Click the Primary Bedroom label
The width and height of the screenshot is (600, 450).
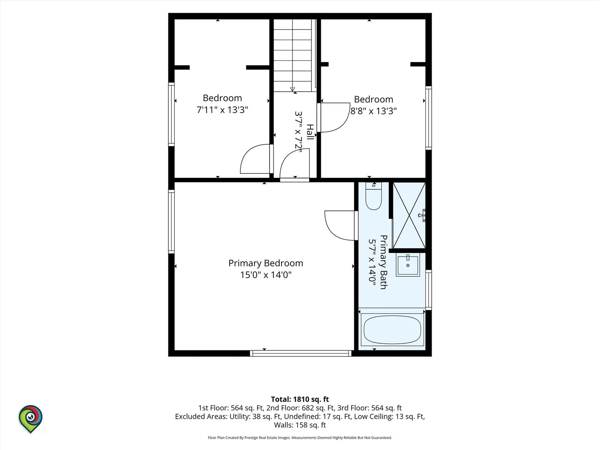(x=266, y=263)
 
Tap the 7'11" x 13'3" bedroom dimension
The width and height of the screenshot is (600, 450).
(x=222, y=110)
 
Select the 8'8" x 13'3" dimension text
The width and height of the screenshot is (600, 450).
(x=373, y=111)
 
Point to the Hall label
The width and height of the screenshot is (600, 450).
(x=310, y=132)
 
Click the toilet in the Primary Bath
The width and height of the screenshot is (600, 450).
(x=373, y=196)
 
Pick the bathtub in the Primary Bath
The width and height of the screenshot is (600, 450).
(x=392, y=330)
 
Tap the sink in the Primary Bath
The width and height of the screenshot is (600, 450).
(x=408, y=265)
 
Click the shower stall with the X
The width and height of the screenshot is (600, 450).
(x=409, y=215)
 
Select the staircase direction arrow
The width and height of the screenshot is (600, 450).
(x=292, y=89)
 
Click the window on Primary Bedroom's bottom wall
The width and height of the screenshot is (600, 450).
(x=301, y=353)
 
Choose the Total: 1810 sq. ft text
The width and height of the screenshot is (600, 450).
(x=300, y=399)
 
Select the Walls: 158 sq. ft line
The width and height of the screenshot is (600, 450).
(x=300, y=425)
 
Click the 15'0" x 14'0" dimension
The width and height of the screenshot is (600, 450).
(x=266, y=275)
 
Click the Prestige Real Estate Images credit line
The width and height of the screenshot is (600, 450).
(x=300, y=437)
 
